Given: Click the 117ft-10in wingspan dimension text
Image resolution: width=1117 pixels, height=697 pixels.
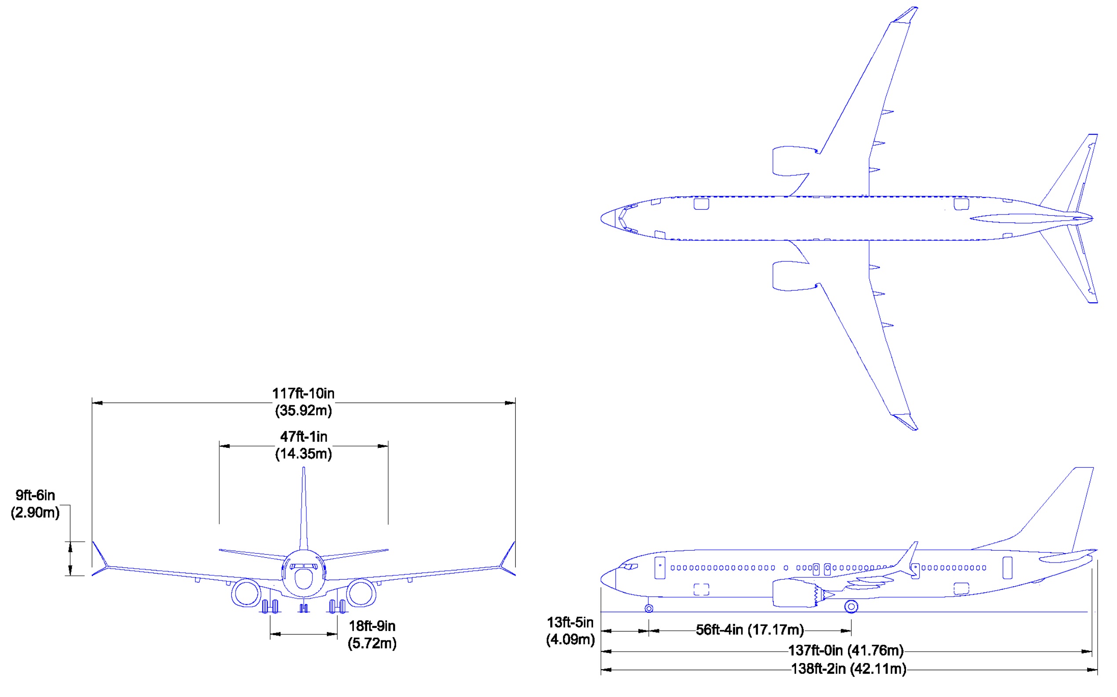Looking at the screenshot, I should [x=303, y=393].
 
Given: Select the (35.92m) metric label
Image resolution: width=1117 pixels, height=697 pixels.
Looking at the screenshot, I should [x=303, y=410].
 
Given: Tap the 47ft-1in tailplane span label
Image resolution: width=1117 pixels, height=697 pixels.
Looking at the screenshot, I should [x=303, y=436].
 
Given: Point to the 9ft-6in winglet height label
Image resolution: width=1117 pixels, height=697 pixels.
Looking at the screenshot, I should [x=35, y=495].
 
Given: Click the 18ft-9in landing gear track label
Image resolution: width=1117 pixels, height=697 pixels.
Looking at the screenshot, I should [x=372, y=625].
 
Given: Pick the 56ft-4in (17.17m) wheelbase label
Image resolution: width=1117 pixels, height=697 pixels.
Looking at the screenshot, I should [x=750, y=629].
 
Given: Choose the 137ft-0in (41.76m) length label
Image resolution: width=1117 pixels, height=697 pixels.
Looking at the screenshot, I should [x=845, y=650].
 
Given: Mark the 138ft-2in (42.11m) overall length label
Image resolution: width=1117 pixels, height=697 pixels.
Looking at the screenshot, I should [x=848, y=668].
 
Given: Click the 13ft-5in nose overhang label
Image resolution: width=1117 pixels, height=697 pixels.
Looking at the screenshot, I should [x=570, y=622].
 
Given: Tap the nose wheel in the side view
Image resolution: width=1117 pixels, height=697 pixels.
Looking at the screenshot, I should [x=649, y=609].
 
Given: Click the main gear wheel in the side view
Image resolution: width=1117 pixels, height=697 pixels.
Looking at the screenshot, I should [x=851, y=606].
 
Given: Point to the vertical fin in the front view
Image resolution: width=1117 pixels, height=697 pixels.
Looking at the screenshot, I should [x=303, y=507].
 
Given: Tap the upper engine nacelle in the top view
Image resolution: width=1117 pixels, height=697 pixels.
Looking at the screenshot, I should [x=789, y=161].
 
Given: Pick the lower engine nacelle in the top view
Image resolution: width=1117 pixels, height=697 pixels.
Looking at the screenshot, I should [x=789, y=276].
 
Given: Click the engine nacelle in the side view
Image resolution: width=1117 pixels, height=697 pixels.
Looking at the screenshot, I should [x=793, y=593].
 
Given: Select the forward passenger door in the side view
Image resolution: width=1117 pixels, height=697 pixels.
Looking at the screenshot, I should [x=660, y=567].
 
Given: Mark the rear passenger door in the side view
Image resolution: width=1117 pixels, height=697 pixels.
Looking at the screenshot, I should [x=1007, y=567].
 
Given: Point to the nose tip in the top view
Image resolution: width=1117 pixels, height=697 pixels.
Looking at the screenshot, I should [x=602, y=218].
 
